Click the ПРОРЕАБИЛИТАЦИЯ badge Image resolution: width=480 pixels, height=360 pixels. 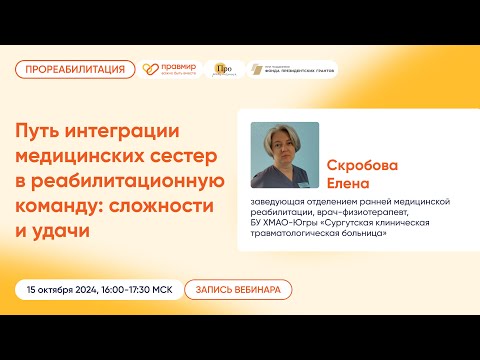[x=75, y=69]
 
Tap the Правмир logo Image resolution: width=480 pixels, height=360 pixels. [x=171, y=69]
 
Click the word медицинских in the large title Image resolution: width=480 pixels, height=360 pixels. [x=81, y=156]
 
